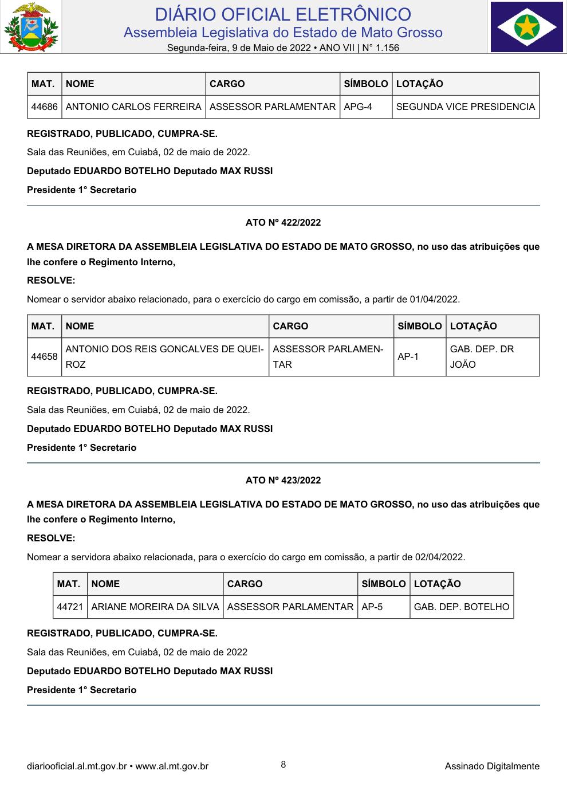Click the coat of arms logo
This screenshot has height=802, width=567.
pos(30,27)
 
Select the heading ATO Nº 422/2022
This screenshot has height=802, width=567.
pos(283,223)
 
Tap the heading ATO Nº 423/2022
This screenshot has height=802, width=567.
pos(283,480)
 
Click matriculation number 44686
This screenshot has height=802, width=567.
pos(44,107)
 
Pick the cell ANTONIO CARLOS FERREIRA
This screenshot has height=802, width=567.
pos(133,107)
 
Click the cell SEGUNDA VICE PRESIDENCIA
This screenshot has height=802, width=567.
pos(465,107)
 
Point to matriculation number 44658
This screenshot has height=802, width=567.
pos(44,356)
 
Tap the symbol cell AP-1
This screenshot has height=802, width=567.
pos(408,356)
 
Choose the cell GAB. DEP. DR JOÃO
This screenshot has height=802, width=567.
pos(482,356)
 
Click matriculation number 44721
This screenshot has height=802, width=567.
pos(70,607)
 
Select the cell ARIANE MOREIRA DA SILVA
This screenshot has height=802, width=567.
pos(155,607)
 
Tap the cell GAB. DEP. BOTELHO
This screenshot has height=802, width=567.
pos(461,607)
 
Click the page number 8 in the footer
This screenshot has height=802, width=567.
pos(283,765)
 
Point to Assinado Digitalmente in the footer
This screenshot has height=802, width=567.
pos(492,766)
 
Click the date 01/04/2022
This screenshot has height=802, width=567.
pos(434,299)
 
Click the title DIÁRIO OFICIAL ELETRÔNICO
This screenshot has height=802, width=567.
pos(283,14)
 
